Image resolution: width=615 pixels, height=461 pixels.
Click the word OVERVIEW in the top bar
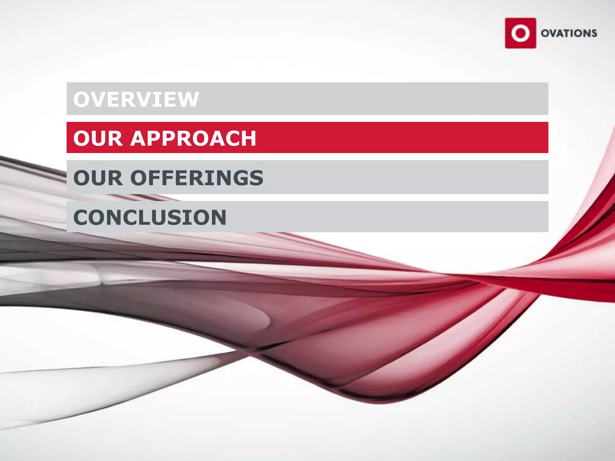pyautogui.click(x=136, y=99)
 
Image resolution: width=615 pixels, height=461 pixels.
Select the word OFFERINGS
pyautogui.click(x=197, y=178)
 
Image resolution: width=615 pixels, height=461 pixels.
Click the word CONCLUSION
pyautogui.click(x=150, y=217)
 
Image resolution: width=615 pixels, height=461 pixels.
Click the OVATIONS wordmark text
pyautogui.click(x=569, y=33)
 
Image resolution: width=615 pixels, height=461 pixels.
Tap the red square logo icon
pyautogui.click(x=520, y=33)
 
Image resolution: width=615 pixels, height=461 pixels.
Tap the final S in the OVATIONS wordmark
pyautogui.click(x=593, y=33)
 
